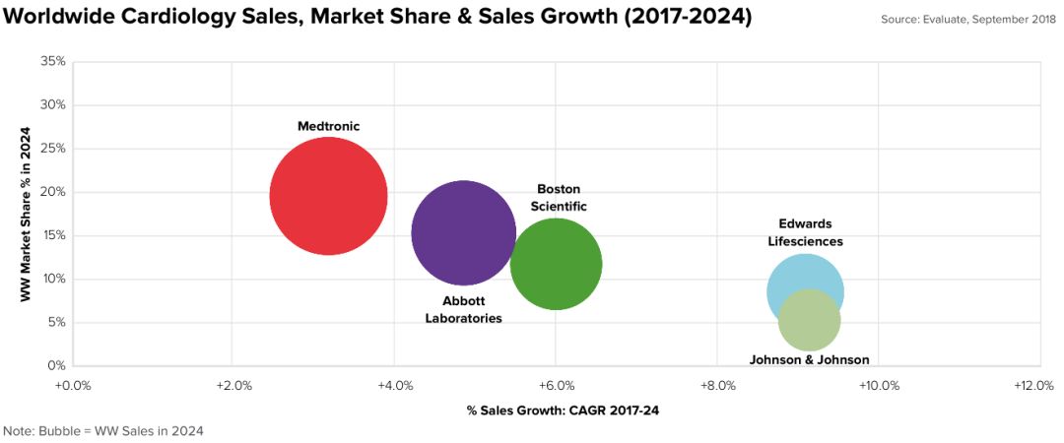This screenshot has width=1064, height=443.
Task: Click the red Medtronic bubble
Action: tap(328, 196)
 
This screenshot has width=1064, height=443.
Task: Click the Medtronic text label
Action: tap(329, 126)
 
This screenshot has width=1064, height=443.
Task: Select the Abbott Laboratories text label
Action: tap(463, 309)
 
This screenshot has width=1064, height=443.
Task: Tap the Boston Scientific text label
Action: tap(559, 197)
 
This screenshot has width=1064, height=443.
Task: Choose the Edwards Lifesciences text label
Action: tap(805, 232)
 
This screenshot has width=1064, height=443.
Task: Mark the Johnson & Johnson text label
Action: tap(809, 359)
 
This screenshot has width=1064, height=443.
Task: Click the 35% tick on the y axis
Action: tap(54, 61)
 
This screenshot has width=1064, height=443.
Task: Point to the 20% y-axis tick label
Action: tap(54, 192)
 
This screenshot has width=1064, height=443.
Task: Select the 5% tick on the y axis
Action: tap(57, 322)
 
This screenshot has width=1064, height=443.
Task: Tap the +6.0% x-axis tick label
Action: tap(556, 385)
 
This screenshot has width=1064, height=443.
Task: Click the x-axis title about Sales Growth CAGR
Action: tap(563, 410)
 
